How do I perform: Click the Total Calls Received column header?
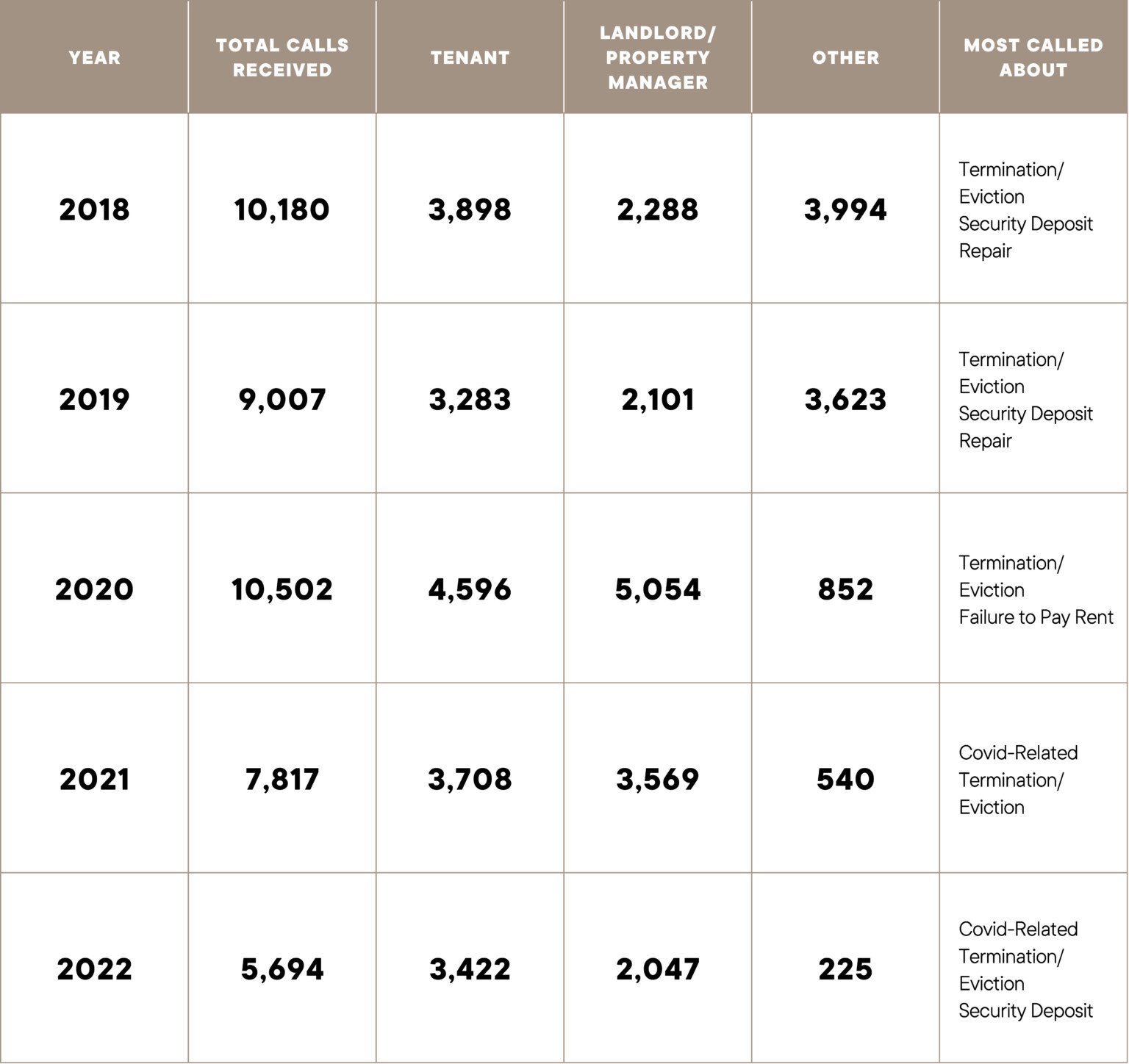[282, 57]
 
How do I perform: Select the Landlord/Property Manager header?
[658, 57]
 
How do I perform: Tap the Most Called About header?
[1033, 57]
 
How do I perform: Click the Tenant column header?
[470, 57]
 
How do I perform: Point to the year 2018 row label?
[94, 209]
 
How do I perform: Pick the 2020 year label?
[94, 589]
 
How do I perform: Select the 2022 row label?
[94, 969]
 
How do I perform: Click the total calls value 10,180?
[282, 209]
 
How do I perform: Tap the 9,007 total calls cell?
[282, 400]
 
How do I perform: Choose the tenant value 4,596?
[470, 589]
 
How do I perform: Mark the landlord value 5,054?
[658, 589]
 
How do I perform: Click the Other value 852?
[845, 589]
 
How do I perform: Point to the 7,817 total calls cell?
[282, 779]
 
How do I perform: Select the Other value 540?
[845, 779]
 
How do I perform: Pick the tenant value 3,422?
[470, 969]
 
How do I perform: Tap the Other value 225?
[845, 969]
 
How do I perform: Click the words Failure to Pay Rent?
[1036, 617]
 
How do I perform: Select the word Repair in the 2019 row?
[985, 441]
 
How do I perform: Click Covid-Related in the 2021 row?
[1018, 752]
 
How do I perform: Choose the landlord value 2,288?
[658, 209]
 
